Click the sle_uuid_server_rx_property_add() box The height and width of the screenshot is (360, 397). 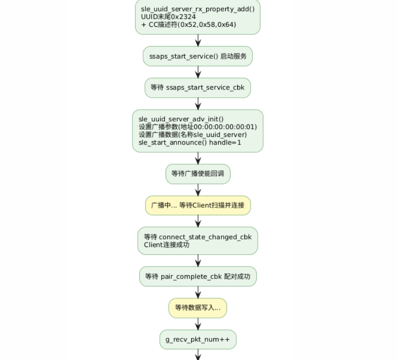coord(198,17)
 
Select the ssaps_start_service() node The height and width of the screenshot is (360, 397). coord(198,56)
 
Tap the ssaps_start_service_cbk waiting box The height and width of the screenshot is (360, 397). coord(198,88)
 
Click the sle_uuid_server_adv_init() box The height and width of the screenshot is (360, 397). coord(198,131)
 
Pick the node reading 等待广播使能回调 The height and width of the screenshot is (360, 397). coord(198,174)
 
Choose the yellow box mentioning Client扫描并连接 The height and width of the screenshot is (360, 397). coord(198,205)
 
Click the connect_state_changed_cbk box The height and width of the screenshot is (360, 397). coord(198,241)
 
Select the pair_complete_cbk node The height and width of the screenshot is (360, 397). coord(198,276)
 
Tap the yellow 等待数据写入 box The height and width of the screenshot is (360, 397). coord(198,308)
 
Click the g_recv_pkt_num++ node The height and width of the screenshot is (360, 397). coord(198,339)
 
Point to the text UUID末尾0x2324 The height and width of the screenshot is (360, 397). coord(168,17)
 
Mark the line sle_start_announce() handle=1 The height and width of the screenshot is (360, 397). coord(189,143)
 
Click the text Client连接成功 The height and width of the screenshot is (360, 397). coord(166,245)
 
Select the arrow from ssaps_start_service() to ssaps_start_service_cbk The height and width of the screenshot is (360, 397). coord(198,72)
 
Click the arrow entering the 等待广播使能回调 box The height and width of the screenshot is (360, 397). coord(198,158)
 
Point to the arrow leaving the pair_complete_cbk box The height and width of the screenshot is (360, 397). coord(198,292)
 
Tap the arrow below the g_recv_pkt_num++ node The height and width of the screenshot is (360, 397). coord(198,355)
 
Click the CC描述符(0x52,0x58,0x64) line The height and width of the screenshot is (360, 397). coord(188,24)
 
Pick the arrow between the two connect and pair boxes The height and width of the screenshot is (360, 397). coord(198,261)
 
